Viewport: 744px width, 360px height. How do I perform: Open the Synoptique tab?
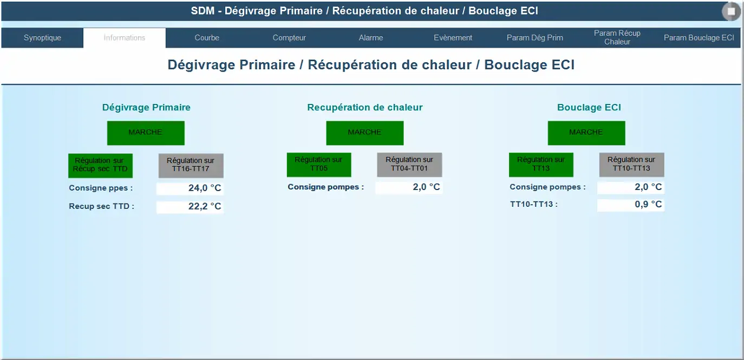coord(42,38)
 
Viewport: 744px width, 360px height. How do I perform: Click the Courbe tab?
coord(207,38)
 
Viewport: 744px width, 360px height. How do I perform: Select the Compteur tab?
coord(289,38)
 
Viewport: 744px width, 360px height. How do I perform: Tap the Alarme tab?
coord(371,38)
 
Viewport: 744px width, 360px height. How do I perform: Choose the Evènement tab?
coord(453,38)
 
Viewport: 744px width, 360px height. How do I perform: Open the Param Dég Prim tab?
coord(535,38)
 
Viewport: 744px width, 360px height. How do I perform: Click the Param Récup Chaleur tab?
coord(617,37)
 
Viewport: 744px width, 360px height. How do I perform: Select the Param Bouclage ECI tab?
coord(699,38)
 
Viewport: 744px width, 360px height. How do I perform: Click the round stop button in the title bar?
coord(731,11)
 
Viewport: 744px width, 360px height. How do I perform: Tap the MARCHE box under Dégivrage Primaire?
coord(146,133)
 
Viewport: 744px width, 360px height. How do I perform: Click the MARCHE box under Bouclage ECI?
coord(586,133)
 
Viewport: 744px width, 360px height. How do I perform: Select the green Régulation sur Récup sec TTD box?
coord(100,166)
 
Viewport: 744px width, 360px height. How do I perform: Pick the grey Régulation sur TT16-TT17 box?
coord(191,166)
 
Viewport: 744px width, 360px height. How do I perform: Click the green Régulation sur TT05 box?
coord(319,165)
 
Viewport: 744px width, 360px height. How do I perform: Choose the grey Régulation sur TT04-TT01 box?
coord(409,165)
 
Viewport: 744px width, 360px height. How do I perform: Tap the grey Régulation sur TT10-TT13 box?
coord(631,165)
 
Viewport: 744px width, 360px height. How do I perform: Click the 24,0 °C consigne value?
coord(190,188)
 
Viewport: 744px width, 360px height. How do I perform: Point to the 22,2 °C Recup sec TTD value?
coord(190,207)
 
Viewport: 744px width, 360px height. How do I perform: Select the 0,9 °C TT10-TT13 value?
coord(631,205)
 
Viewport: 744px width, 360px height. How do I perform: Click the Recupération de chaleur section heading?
coord(365,108)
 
